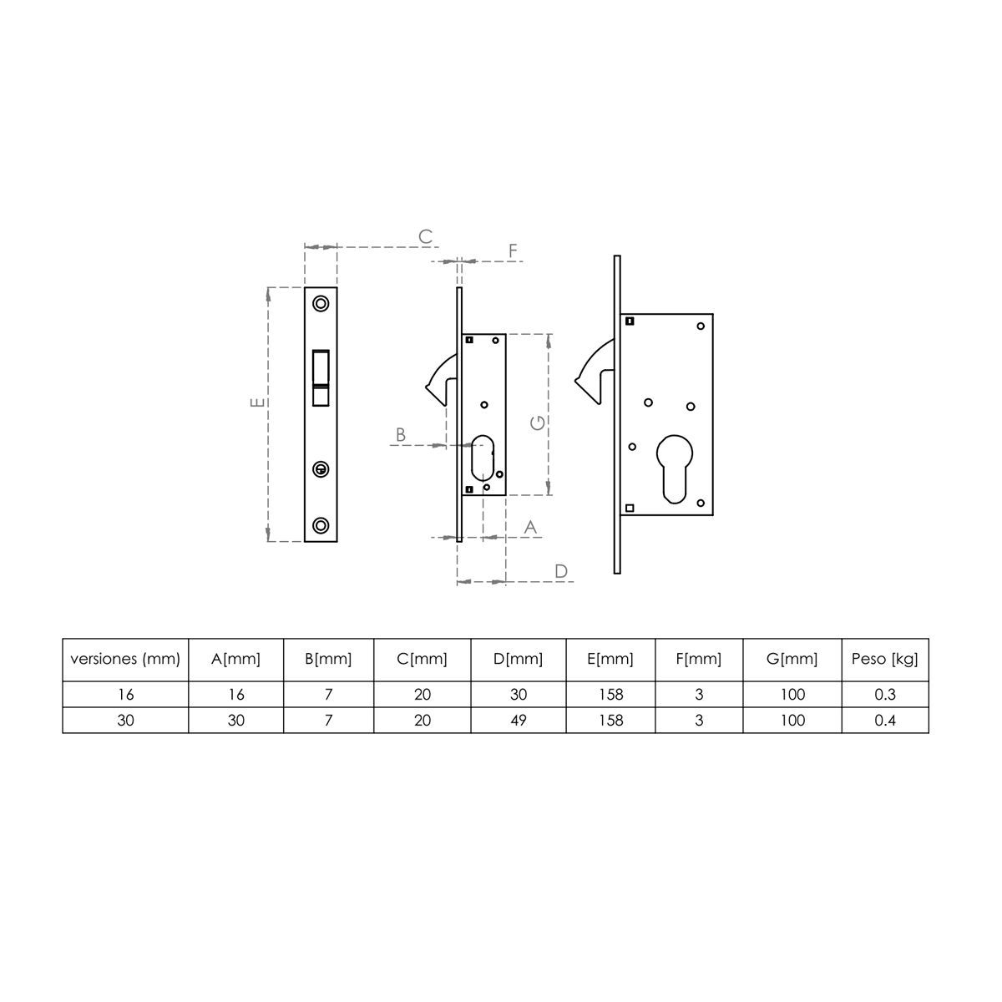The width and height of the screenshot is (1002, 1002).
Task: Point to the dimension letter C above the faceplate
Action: tap(425, 237)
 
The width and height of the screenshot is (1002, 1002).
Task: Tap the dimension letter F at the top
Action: tap(513, 250)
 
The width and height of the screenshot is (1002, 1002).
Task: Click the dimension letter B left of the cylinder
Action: tap(401, 434)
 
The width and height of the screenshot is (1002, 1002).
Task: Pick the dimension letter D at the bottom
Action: tap(561, 571)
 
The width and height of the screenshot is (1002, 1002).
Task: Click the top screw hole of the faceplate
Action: tap(321, 302)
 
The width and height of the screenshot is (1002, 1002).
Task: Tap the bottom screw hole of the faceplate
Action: tap(321, 524)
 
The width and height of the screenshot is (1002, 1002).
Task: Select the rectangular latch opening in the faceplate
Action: tap(321, 377)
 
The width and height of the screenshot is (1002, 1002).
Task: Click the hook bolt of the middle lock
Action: tap(441, 377)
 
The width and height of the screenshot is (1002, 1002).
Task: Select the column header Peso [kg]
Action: tap(884, 659)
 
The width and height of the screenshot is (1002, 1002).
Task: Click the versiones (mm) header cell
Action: tap(125, 659)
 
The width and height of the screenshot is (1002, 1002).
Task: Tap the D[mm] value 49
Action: tap(518, 720)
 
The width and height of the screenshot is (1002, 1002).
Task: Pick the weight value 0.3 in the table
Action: tap(884, 695)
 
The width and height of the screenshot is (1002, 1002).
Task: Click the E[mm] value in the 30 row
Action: tap(611, 720)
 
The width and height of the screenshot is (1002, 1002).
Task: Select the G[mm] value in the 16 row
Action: tap(792, 695)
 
